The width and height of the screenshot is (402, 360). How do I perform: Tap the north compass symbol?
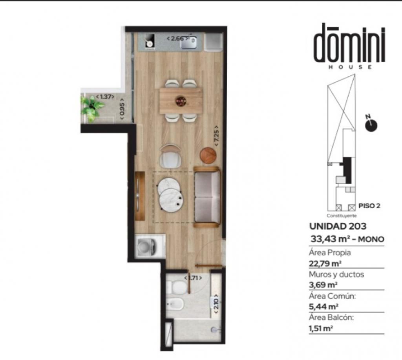point(371,125)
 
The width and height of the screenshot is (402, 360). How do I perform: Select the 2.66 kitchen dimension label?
point(177,38)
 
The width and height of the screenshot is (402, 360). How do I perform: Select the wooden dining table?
point(181,100)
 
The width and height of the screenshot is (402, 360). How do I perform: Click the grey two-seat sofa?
point(207,197)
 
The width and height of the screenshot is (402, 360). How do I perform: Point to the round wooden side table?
point(208,155)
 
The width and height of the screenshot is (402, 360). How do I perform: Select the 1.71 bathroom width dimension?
point(193,278)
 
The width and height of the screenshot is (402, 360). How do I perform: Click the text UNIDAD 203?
point(338,226)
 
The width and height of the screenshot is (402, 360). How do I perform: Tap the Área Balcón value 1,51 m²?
point(321,329)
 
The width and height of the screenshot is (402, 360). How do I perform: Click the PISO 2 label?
point(369,205)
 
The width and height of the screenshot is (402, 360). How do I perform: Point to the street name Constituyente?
point(341,216)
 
